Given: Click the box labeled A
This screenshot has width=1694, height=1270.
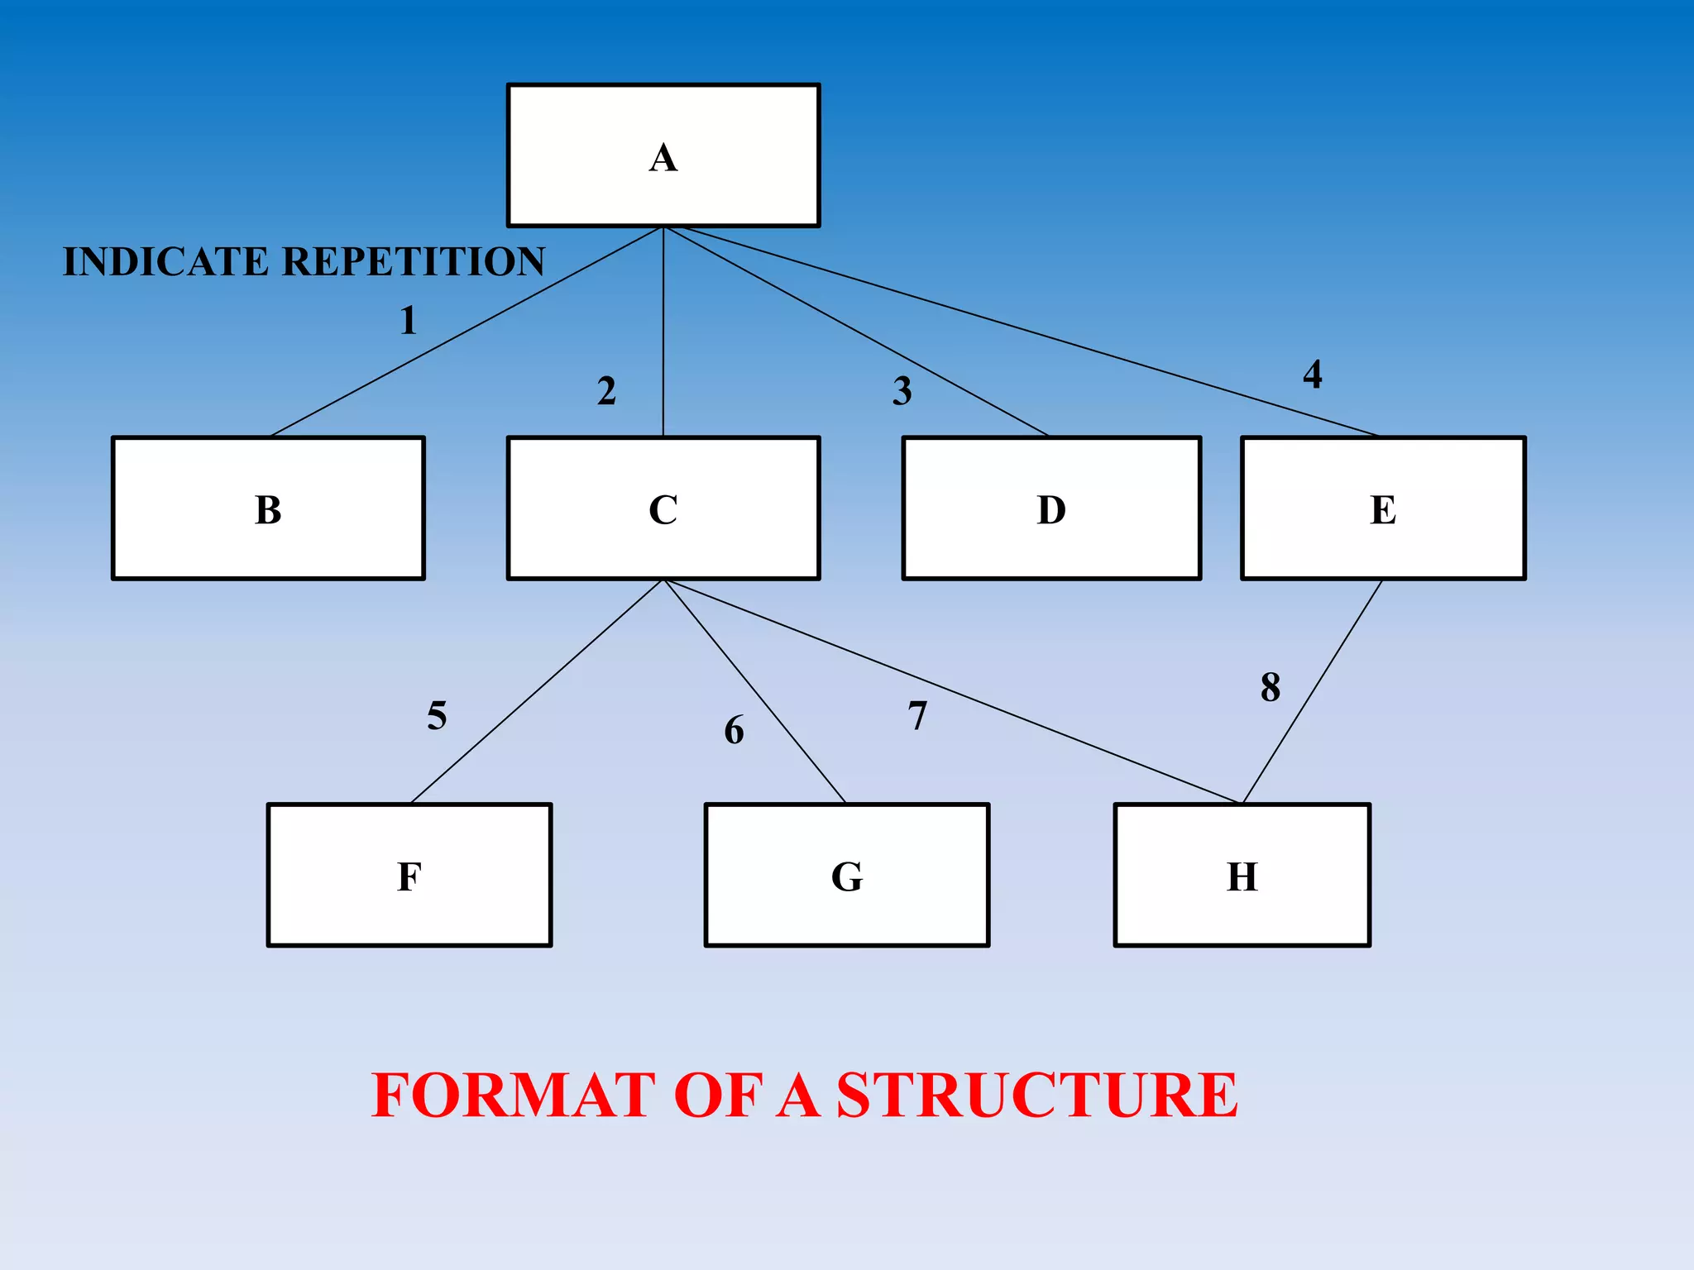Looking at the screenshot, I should click(x=663, y=155).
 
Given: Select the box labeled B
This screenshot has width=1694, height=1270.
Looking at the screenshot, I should click(x=268, y=508).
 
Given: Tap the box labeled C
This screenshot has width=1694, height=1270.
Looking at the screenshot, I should click(x=663, y=508).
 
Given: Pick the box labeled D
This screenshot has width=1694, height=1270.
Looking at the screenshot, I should click(x=1051, y=508).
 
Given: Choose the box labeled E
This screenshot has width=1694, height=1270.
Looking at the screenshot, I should click(x=1383, y=508).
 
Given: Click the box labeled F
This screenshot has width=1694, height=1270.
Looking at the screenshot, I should click(x=409, y=875).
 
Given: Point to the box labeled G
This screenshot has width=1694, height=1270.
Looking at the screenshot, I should click(x=846, y=875).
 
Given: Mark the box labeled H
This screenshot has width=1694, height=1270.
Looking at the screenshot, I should click(x=1242, y=875).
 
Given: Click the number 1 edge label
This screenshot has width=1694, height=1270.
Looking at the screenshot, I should click(x=408, y=321).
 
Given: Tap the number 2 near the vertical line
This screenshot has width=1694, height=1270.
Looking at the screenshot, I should click(x=606, y=390).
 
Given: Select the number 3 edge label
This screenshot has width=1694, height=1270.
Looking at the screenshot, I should click(x=902, y=391).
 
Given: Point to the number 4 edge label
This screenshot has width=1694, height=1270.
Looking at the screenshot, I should click(x=1312, y=375).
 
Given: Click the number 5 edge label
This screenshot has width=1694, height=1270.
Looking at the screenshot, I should click(x=437, y=715).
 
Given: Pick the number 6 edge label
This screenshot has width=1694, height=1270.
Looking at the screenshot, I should click(x=734, y=731).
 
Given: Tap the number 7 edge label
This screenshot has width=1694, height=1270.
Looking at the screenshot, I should click(x=917, y=716).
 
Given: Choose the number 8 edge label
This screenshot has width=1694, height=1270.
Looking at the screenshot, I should click(x=1270, y=687).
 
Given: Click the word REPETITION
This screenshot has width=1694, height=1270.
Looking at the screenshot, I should click(x=414, y=262).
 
